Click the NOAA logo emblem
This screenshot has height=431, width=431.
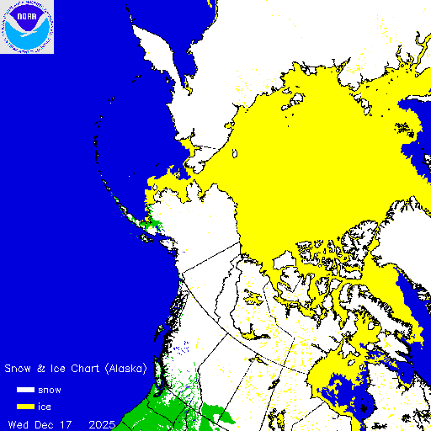click(27, 27)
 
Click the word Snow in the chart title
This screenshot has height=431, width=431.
click(19, 369)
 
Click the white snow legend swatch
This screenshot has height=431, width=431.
click(25, 390)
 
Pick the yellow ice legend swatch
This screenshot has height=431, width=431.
click(25, 407)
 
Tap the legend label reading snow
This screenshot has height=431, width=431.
click(51, 390)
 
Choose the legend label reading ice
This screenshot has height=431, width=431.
click(45, 407)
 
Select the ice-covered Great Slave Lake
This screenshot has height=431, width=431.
click(253, 331)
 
